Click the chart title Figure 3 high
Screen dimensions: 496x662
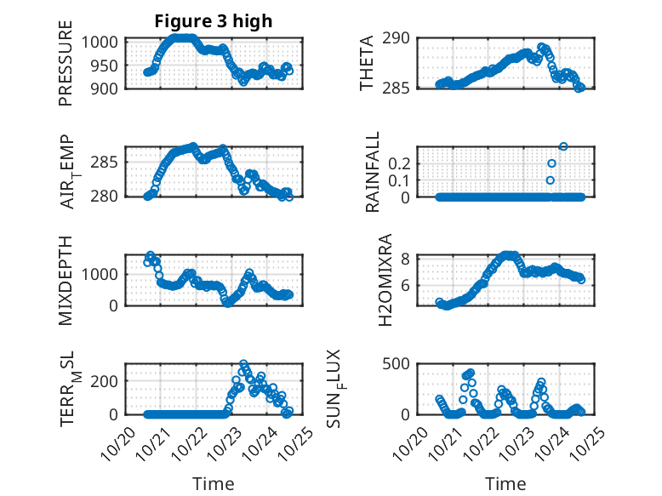coord(213,22)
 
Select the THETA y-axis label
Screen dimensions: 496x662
coord(367,64)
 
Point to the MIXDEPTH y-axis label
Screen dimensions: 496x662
coord(66,281)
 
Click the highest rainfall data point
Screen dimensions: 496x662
coord(562,147)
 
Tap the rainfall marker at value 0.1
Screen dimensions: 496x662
coord(550,180)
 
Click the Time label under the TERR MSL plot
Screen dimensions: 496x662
coord(213,483)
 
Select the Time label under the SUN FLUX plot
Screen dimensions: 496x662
coord(505,483)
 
